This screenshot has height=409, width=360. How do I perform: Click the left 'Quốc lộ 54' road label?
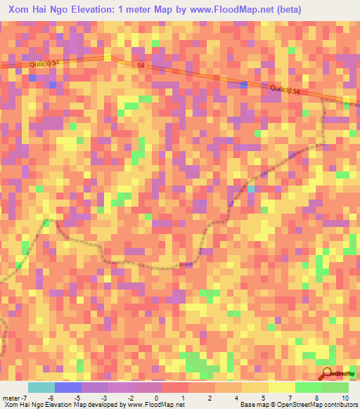44,64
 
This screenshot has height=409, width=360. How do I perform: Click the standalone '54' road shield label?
141,65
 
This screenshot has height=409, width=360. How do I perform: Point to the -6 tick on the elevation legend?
50,398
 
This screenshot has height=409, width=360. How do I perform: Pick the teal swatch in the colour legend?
41,387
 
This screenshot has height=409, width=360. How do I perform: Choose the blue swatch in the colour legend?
67,387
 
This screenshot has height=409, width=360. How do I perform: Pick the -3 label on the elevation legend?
104,398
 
